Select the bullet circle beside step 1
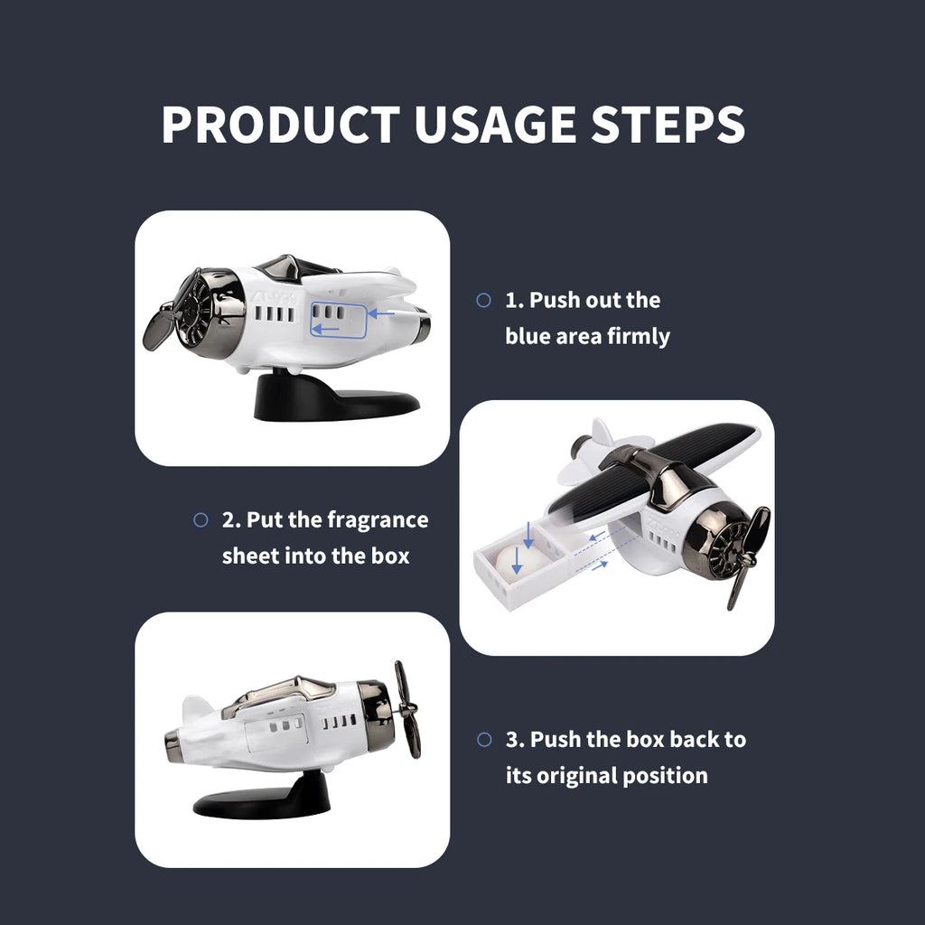484,300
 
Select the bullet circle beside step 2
201,519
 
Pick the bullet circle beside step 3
484,739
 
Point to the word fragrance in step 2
378,519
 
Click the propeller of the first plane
161,325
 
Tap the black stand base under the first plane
335,397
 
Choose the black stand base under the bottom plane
265,799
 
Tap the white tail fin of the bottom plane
197,710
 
